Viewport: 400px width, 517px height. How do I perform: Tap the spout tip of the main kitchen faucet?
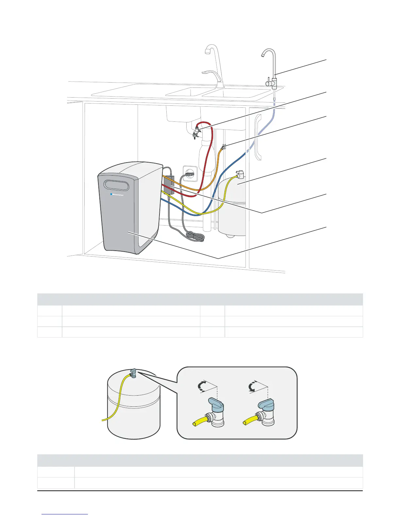pyautogui.click(x=207, y=52)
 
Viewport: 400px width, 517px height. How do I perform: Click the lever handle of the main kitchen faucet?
pyautogui.click(x=208, y=72)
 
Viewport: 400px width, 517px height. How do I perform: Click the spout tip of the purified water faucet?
pyautogui.click(x=263, y=56)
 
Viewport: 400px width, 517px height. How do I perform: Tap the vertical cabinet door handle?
pyautogui.click(x=258, y=137)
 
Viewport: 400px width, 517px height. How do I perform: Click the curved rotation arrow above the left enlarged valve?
pyautogui.click(x=203, y=386)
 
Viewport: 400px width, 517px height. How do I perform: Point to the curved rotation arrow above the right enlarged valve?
pyautogui.click(x=252, y=387)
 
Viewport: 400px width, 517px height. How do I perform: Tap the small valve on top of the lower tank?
pyautogui.click(x=134, y=373)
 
